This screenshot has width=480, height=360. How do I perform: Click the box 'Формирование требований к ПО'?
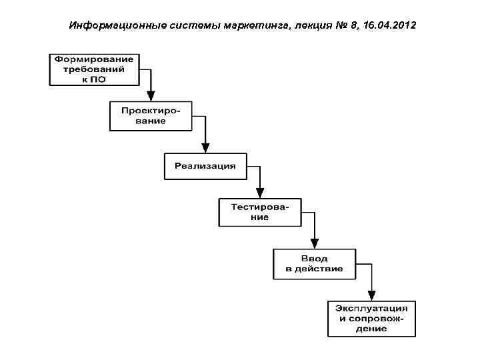click(x=94, y=69)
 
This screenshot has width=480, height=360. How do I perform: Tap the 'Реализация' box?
click(x=205, y=166)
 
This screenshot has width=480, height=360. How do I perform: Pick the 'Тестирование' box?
click(x=259, y=212)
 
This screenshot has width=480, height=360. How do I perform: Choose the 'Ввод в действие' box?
click(x=314, y=263)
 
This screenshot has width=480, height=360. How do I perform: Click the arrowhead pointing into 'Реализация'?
click(x=205, y=147)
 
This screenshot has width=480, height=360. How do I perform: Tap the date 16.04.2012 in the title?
click(x=389, y=26)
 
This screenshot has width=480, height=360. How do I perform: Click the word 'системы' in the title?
click(x=180, y=26)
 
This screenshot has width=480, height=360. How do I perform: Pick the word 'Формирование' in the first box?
click(x=94, y=59)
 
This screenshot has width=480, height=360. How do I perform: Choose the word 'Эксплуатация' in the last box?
click(x=371, y=309)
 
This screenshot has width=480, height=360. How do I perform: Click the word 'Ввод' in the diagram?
click(x=314, y=259)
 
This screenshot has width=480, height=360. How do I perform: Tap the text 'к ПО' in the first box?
click(x=94, y=79)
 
